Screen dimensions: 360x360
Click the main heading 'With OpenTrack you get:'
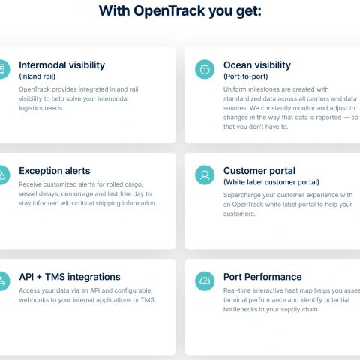click(x=180, y=11)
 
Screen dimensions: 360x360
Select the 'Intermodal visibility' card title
click(x=61, y=65)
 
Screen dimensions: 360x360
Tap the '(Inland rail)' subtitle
click(x=37, y=76)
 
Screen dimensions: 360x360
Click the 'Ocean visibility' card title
click(x=257, y=65)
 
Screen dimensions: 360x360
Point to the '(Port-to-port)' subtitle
click(x=246, y=76)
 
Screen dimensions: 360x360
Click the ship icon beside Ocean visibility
click(x=205, y=69)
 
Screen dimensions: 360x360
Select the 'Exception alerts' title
click(x=55, y=171)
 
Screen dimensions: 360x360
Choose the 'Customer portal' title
click(x=259, y=171)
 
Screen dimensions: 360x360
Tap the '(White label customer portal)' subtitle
click(x=271, y=182)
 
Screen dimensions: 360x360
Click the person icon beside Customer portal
click(x=205, y=175)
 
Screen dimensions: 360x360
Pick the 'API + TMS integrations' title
click(x=70, y=277)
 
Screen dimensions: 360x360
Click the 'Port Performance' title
click(x=262, y=277)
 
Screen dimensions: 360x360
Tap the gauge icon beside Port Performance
click(x=205, y=281)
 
